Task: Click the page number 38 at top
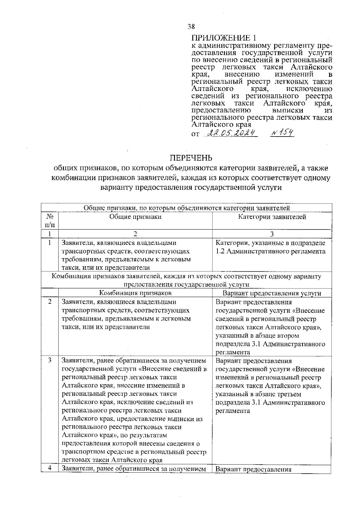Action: point(191,27)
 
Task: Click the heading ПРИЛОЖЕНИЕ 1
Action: point(224,38)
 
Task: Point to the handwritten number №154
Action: point(282,133)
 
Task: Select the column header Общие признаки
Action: point(135,217)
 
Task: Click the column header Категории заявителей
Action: point(272,217)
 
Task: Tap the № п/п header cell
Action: point(50,221)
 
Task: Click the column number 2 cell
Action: point(135,234)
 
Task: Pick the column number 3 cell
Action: point(272,234)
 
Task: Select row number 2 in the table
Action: point(50,302)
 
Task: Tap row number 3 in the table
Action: point(50,360)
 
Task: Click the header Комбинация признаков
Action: point(135,293)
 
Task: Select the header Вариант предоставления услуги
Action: point(272,293)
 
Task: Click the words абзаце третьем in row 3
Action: point(278,394)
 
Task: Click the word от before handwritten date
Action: point(195,134)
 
